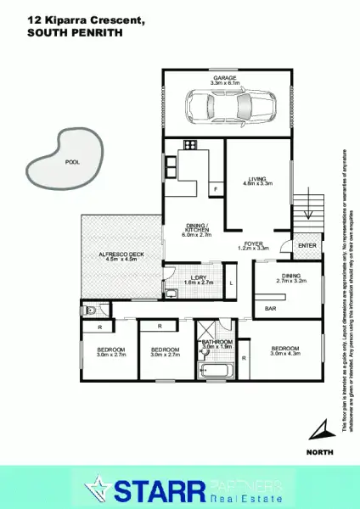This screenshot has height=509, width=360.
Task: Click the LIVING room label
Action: (x=257, y=179)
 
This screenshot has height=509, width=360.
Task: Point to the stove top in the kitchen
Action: (x=188, y=144)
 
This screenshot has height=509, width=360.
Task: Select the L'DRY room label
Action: (x=200, y=277)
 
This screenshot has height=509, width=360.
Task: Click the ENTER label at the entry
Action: (x=307, y=246)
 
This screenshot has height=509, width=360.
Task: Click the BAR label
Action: (x=271, y=309)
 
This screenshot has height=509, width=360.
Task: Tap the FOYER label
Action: (x=254, y=244)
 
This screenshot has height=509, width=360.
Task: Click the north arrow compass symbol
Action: (x=318, y=427)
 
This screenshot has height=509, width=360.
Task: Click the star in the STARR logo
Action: (x=100, y=489)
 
